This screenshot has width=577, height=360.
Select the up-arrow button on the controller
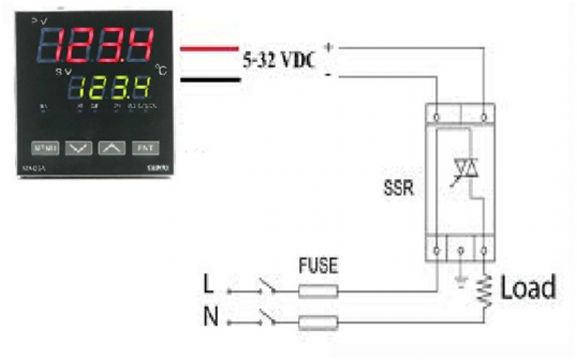110,148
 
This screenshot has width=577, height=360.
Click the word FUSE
318,266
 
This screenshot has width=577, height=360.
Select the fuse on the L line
318,291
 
